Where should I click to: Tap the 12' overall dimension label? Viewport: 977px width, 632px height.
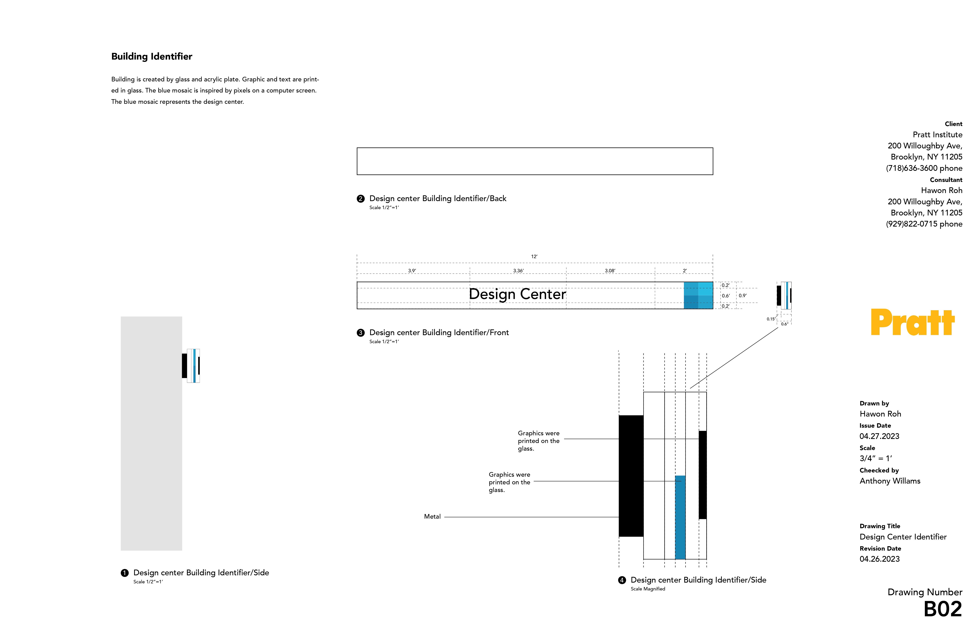pos(534,256)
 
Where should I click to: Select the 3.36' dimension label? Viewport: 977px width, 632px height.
pos(518,271)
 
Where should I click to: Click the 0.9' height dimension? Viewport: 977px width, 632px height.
pos(743,296)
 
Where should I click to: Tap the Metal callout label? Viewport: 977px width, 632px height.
pos(432,517)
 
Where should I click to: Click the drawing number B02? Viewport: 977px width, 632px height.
pos(943,609)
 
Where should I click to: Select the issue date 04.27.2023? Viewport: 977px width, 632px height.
pos(879,436)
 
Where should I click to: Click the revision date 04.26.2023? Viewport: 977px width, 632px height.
pos(879,559)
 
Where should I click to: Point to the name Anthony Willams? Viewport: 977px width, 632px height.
pos(890,481)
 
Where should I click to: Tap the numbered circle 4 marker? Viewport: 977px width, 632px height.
pos(622,580)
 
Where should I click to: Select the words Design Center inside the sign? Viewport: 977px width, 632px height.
pos(517,294)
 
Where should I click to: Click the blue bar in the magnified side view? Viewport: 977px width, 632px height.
pos(680,517)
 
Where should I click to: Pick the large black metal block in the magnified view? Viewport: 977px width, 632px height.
pos(631,476)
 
